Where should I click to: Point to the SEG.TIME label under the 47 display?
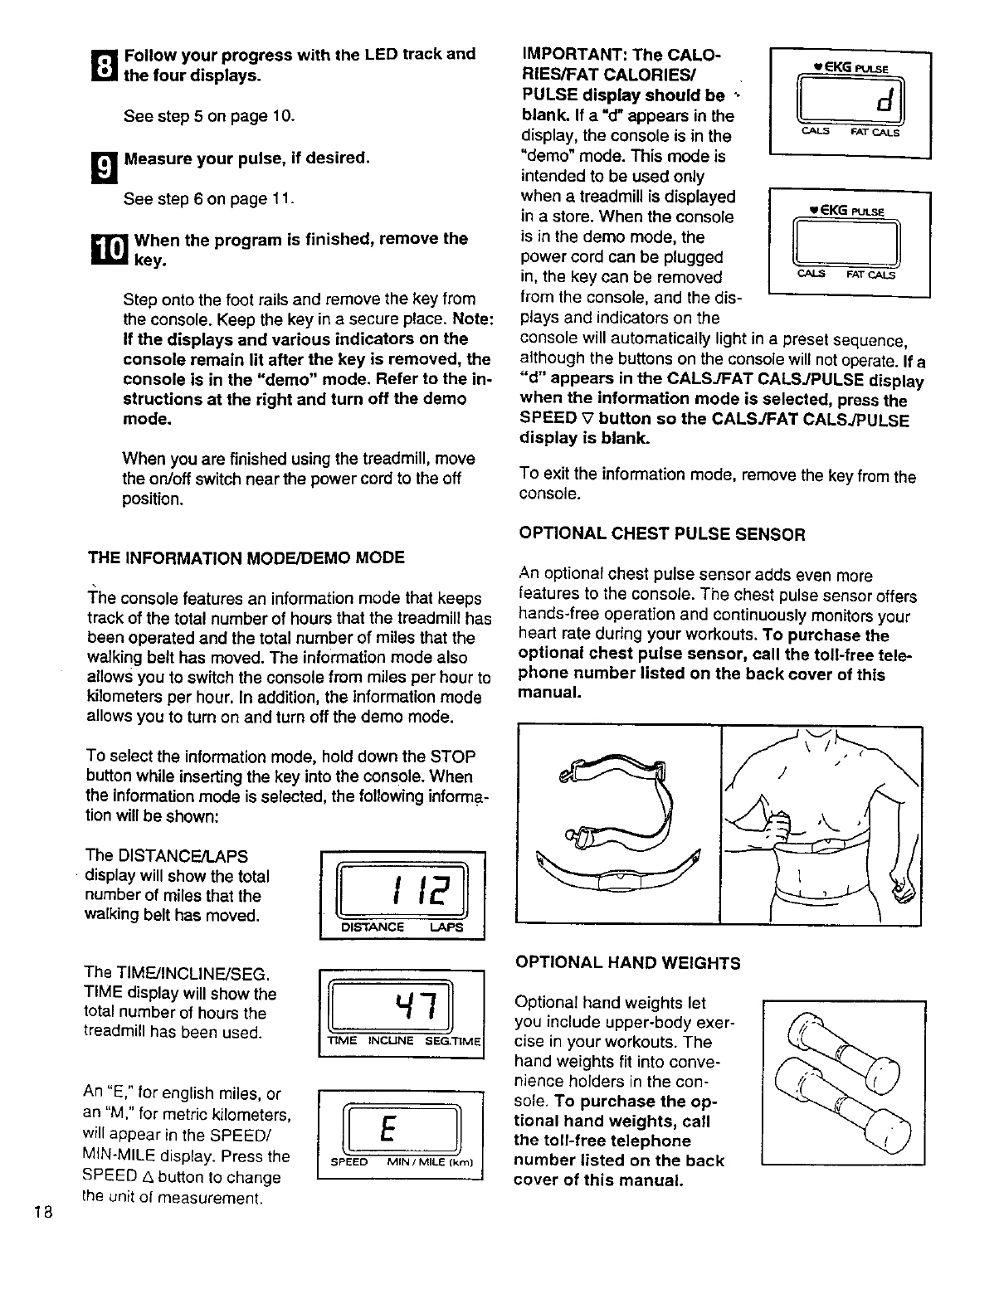[452, 1041]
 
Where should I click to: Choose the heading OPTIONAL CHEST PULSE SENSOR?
[661, 534]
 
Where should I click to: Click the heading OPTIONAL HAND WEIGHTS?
[628, 963]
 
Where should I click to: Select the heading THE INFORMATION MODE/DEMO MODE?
[246, 557]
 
